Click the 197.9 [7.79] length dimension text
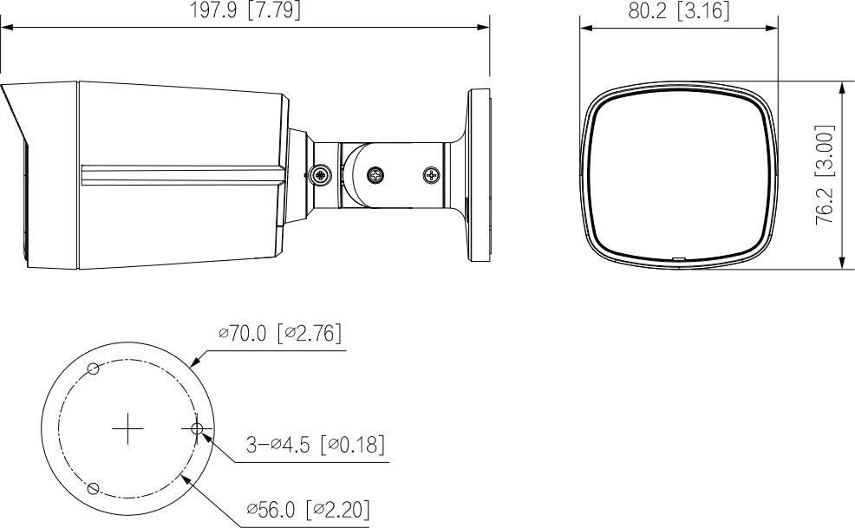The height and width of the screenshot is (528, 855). click(245, 10)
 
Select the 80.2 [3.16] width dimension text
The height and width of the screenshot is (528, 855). click(679, 10)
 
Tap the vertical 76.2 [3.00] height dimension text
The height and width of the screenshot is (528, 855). click(826, 175)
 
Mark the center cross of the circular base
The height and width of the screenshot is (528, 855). click(127, 428)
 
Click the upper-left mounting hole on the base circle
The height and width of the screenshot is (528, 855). click(95, 369)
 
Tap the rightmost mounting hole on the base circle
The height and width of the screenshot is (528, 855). click(197, 428)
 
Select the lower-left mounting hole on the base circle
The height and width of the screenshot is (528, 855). click(95, 487)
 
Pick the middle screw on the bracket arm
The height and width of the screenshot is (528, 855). click(377, 174)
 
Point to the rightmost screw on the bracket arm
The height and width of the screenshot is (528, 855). click(431, 175)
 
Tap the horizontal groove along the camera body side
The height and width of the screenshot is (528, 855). click(182, 174)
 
